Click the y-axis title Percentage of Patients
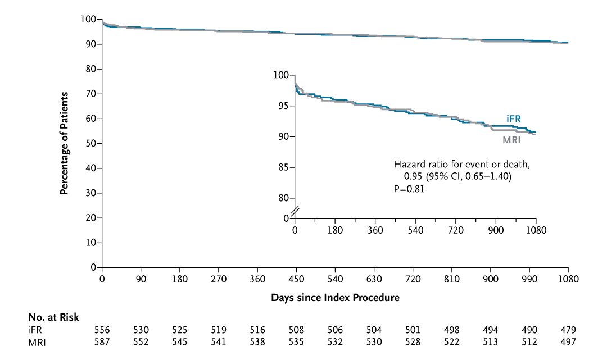pos(64,143)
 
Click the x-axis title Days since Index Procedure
pos(335,297)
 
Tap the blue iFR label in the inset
pos(513,119)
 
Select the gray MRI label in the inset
pos(511,140)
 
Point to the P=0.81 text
pos(409,189)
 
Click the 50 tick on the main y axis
pos(90,143)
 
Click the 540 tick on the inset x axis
pos(415,230)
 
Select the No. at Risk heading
pos(53,317)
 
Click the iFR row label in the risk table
pos(34,330)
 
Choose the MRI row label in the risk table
pos(37,342)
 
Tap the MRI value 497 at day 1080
pos(568,342)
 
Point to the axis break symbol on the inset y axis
pos(295,211)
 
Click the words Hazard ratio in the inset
pos(419,165)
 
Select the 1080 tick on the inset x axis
pos(536,230)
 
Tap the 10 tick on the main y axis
pos(90,243)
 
